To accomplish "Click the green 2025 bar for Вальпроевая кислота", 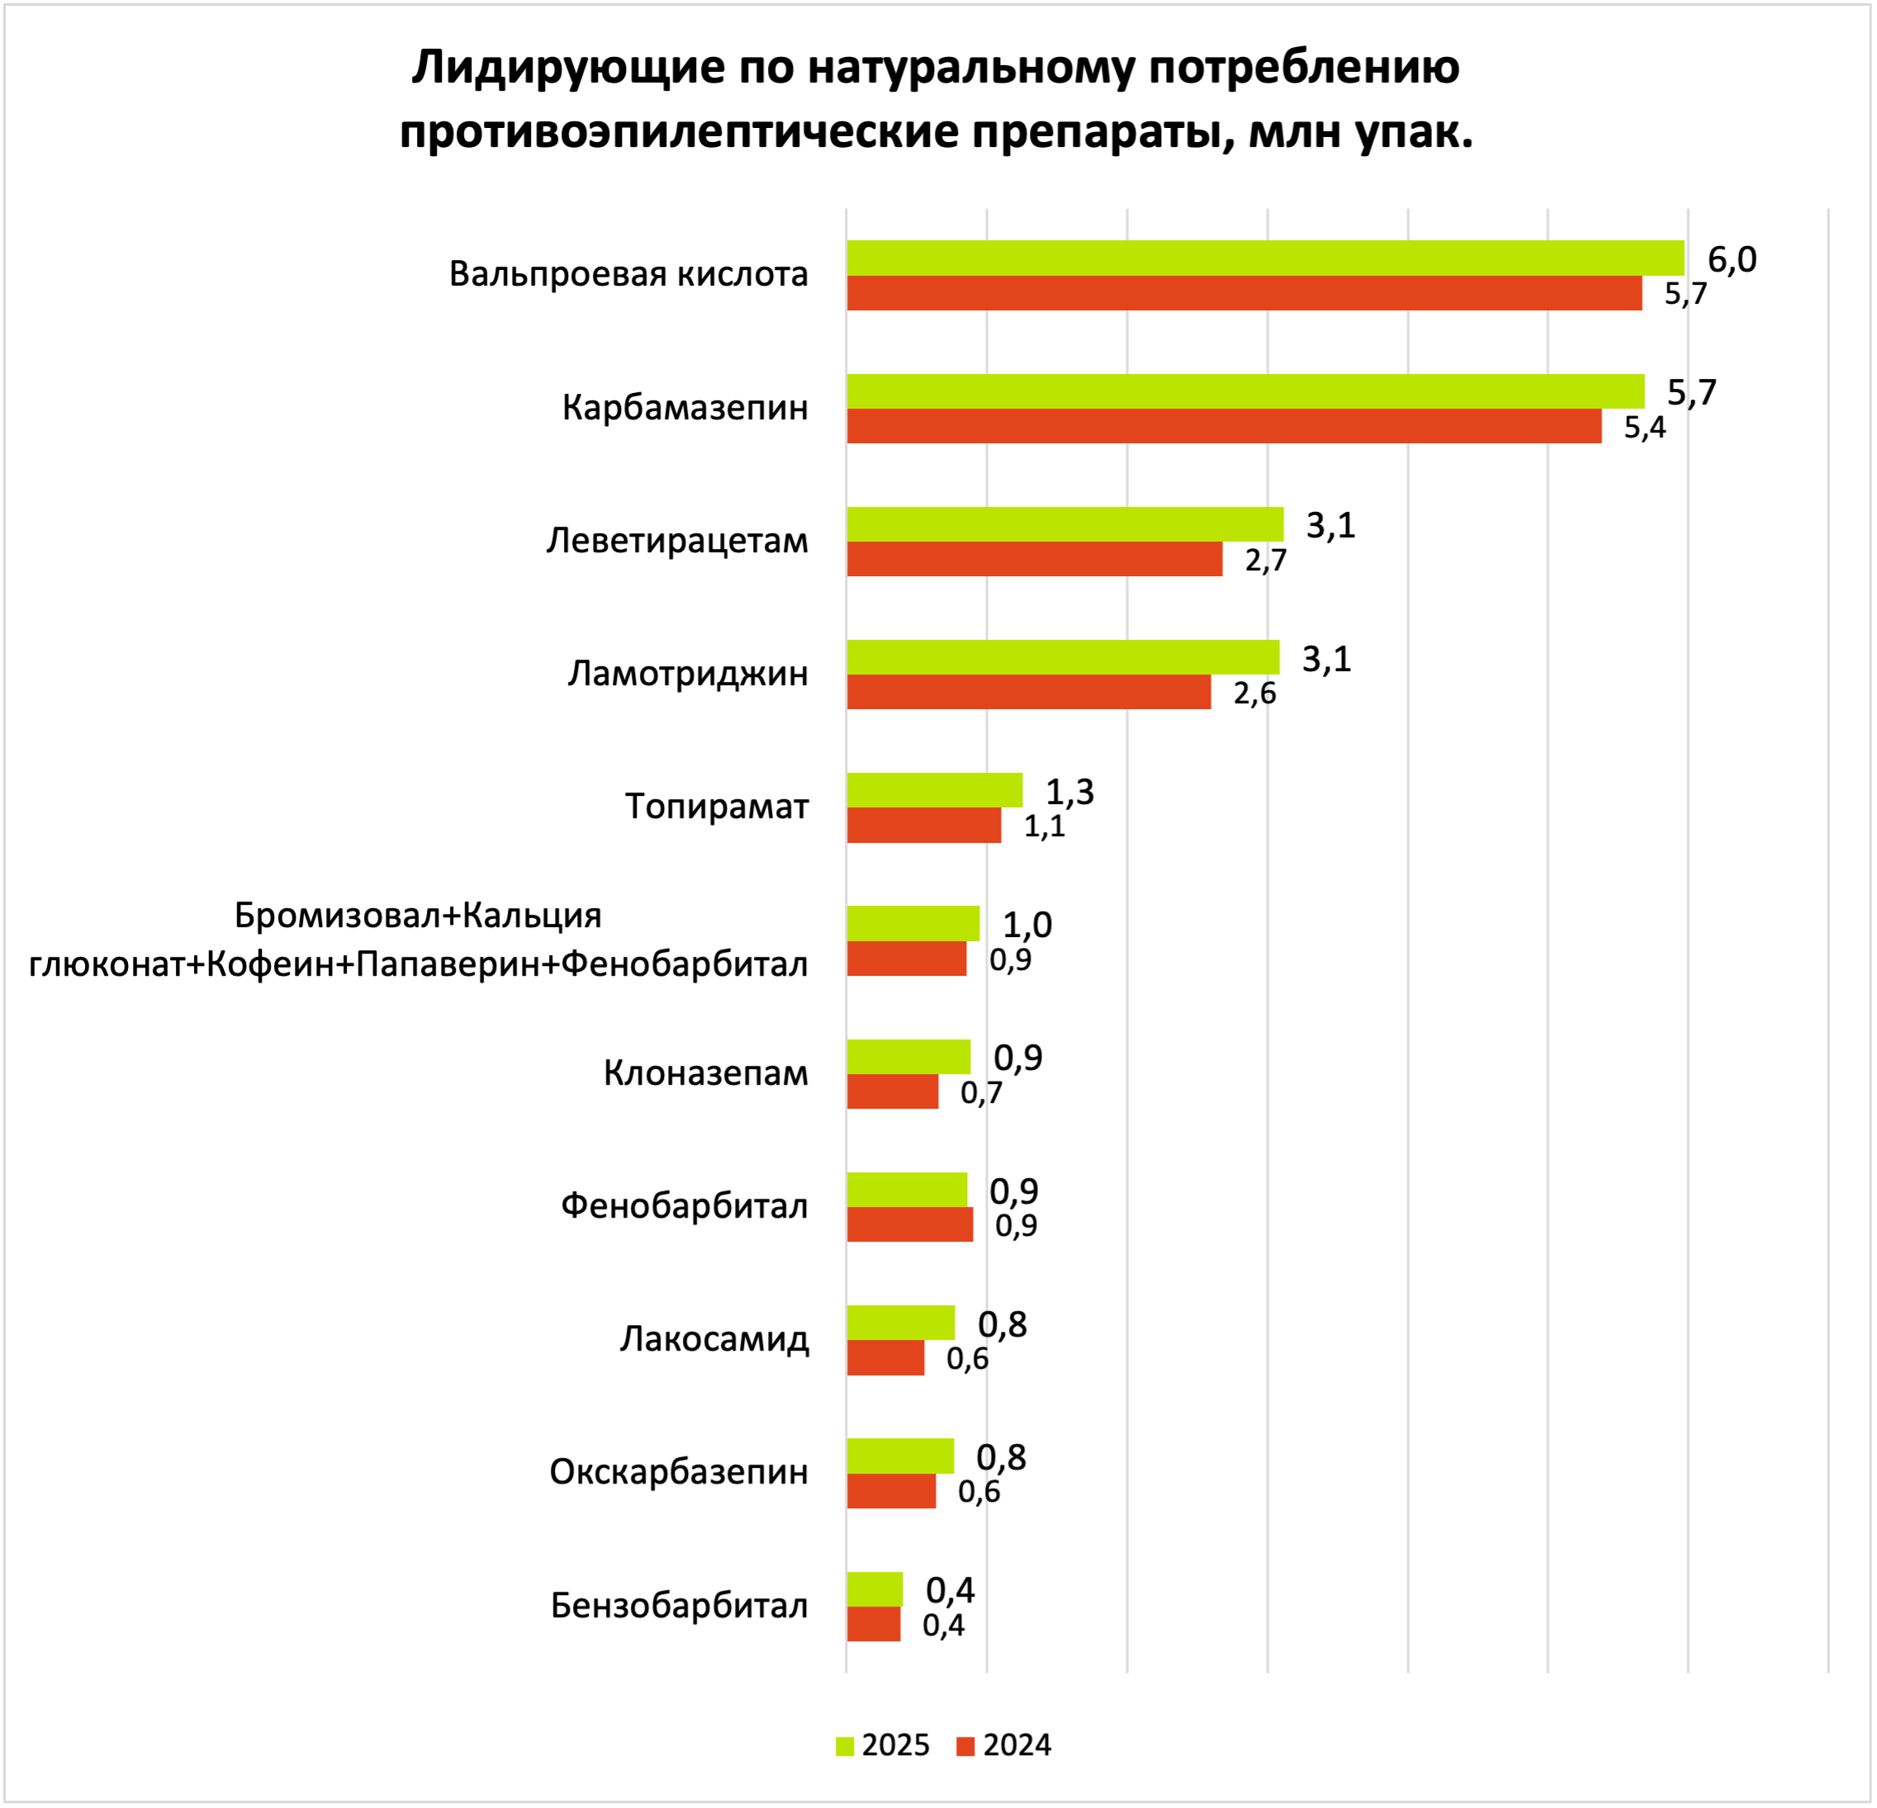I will (x=1264, y=258).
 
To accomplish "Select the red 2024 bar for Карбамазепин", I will (x=1223, y=426).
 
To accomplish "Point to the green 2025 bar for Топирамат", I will (x=934, y=790).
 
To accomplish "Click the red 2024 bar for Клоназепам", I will (x=892, y=1091).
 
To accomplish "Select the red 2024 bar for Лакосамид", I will (x=885, y=1358).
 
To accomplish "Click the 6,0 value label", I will (x=1732, y=259).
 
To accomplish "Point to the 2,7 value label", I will (x=1265, y=561).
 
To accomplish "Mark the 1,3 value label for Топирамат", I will (x=1069, y=792).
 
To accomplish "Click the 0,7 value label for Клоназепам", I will (x=981, y=1093).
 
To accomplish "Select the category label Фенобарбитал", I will (x=684, y=1205).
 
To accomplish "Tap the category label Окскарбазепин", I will (x=678, y=1472).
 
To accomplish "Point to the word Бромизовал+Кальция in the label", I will (x=418, y=916).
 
